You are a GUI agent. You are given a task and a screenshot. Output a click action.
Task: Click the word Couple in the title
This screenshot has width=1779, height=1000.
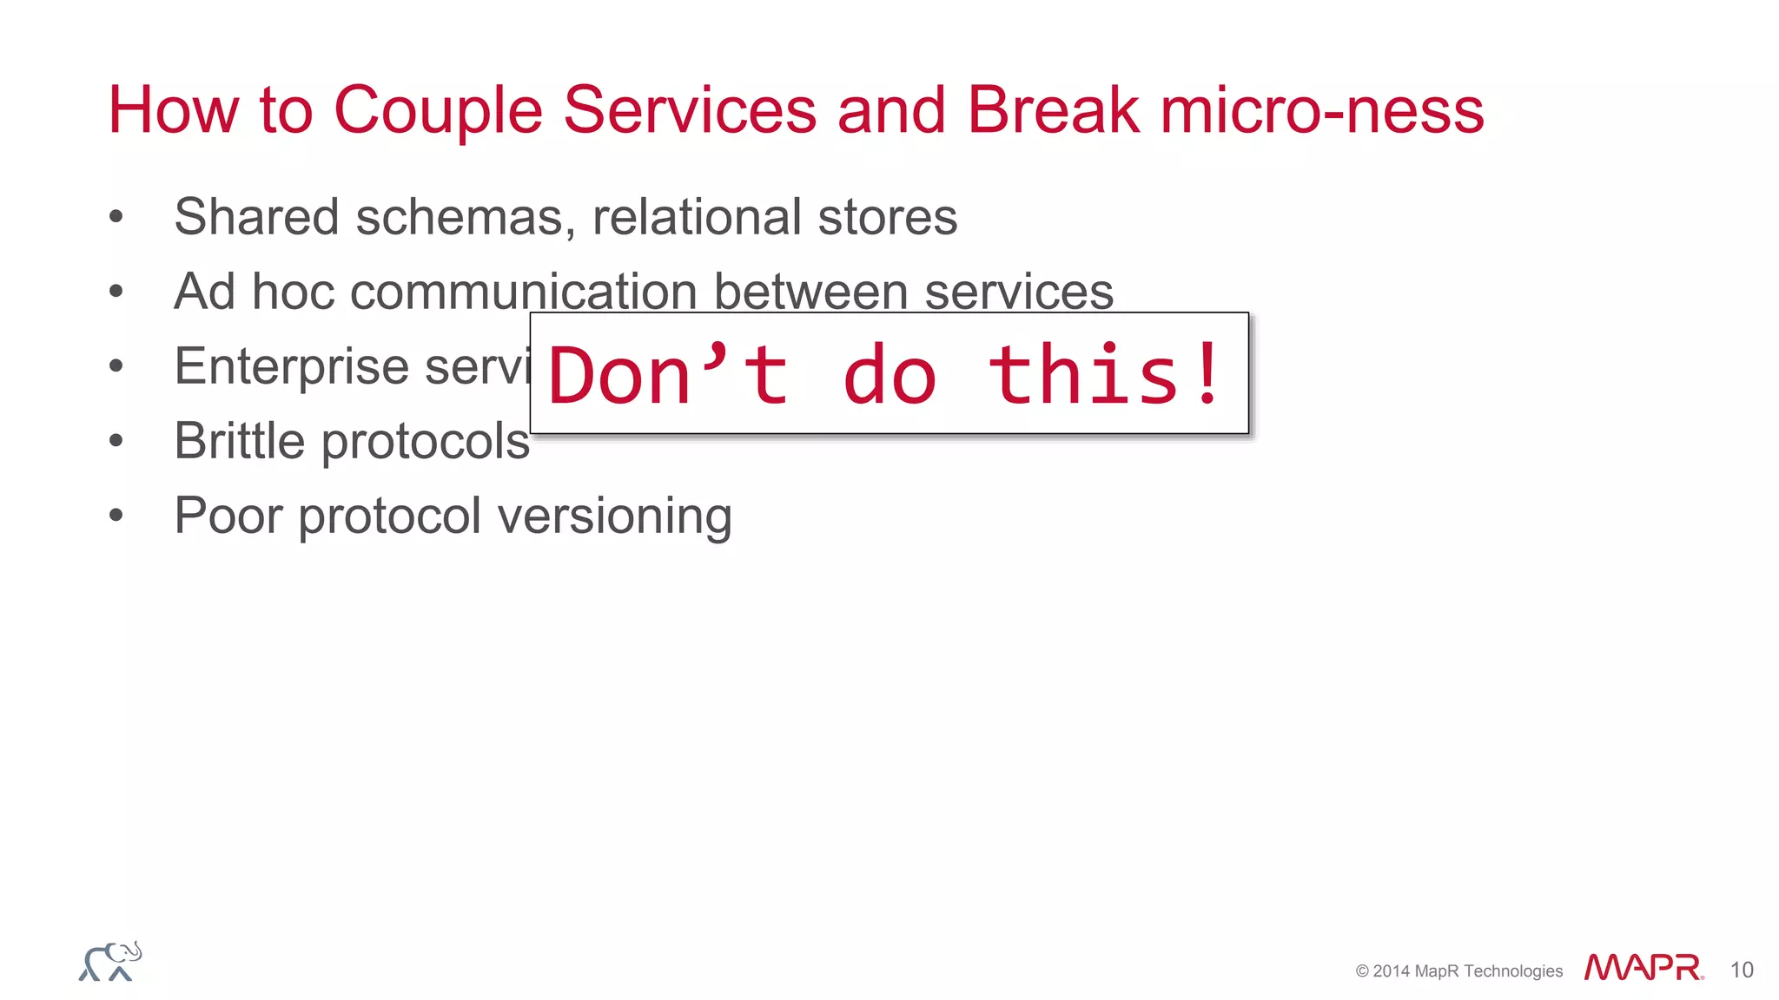pos(439,111)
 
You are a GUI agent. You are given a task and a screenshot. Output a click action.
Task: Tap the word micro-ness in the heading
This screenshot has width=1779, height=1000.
pos(1322,111)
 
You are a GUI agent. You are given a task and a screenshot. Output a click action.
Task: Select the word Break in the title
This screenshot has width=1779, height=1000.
pos(1053,111)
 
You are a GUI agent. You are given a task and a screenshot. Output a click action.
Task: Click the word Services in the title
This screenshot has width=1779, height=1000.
pos(690,111)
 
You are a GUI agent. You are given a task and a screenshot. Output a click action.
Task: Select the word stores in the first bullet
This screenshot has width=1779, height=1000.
pos(887,217)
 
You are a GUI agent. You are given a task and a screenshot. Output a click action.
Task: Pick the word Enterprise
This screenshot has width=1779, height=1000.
pos(292,366)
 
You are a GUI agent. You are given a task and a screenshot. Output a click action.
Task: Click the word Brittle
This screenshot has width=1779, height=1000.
pos(240,441)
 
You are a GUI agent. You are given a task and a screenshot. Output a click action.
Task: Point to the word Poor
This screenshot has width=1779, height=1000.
pos(228,516)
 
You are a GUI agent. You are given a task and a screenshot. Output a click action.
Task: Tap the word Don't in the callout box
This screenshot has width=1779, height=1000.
pos(669,375)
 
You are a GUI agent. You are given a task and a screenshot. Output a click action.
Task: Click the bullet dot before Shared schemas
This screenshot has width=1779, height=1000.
pos(116,217)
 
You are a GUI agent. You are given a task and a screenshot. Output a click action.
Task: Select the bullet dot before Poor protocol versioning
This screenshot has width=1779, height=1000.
pos(116,516)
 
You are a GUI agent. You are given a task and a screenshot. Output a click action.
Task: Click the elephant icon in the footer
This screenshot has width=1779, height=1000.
pos(110,962)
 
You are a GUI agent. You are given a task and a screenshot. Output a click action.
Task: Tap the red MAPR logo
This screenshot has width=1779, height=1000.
pos(1643,967)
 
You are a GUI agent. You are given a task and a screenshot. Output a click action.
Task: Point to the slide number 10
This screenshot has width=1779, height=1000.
pos(1742,970)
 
